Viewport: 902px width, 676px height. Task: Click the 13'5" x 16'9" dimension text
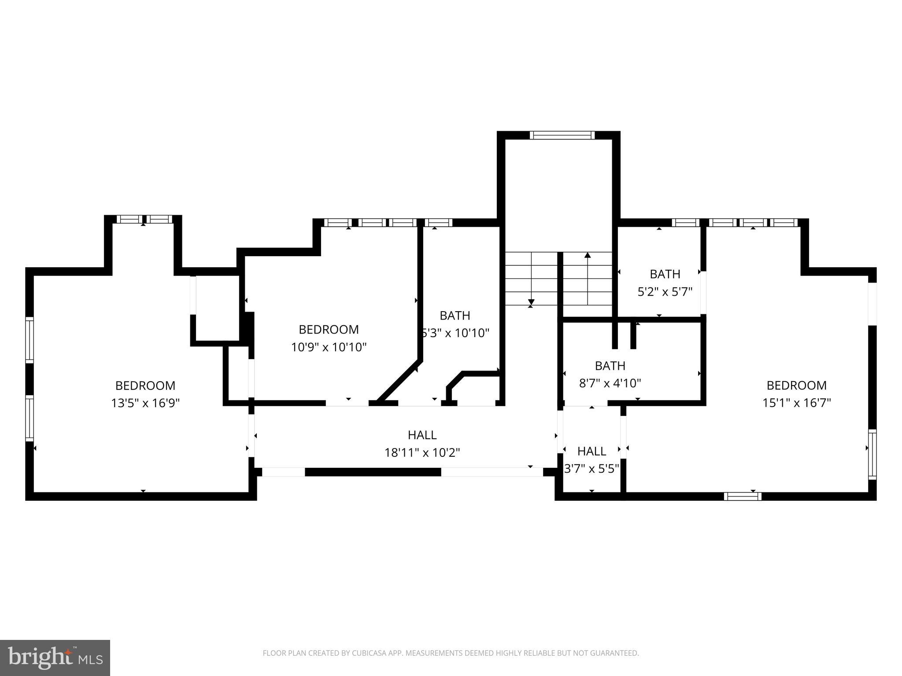(x=145, y=403)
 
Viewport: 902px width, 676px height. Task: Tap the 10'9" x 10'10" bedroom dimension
(x=329, y=347)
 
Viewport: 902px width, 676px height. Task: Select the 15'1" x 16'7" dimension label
(x=796, y=403)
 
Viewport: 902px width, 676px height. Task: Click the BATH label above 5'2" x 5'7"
(x=665, y=274)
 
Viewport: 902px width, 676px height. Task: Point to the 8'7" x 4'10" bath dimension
(x=610, y=383)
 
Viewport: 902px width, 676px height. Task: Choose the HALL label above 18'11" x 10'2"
(x=422, y=435)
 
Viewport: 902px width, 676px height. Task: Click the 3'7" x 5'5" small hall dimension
(x=591, y=468)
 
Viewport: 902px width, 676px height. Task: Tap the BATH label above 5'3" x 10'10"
(x=455, y=316)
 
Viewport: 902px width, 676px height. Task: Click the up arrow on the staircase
(x=588, y=256)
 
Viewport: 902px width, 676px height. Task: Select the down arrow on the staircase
(x=531, y=302)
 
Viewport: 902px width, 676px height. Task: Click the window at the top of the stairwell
(x=562, y=135)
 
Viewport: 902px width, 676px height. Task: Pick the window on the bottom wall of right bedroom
(x=743, y=496)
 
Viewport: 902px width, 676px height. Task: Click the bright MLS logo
(x=55, y=658)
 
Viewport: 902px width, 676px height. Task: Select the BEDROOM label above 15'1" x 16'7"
(x=796, y=386)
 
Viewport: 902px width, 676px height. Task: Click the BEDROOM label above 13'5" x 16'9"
(x=145, y=386)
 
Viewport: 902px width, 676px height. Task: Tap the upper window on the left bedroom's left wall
(x=30, y=340)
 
